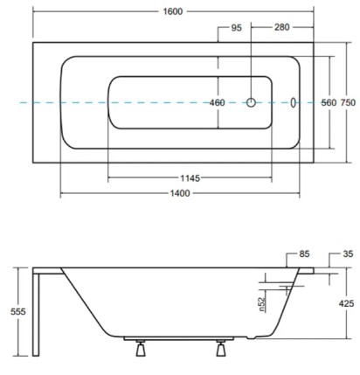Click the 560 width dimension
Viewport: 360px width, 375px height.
pyautogui.click(x=329, y=103)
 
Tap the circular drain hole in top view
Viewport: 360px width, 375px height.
pyautogui.click(x=252, y=102)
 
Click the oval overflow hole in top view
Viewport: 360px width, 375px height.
pyautogui.click(x=293, y=102)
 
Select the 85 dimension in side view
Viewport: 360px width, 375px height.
pyautogui.click(x=304, y=254)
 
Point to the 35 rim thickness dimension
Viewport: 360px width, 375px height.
pyautogui.click(x=348, y=254)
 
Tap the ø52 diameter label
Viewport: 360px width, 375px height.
pyautogui.click(x=262, y=303)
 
